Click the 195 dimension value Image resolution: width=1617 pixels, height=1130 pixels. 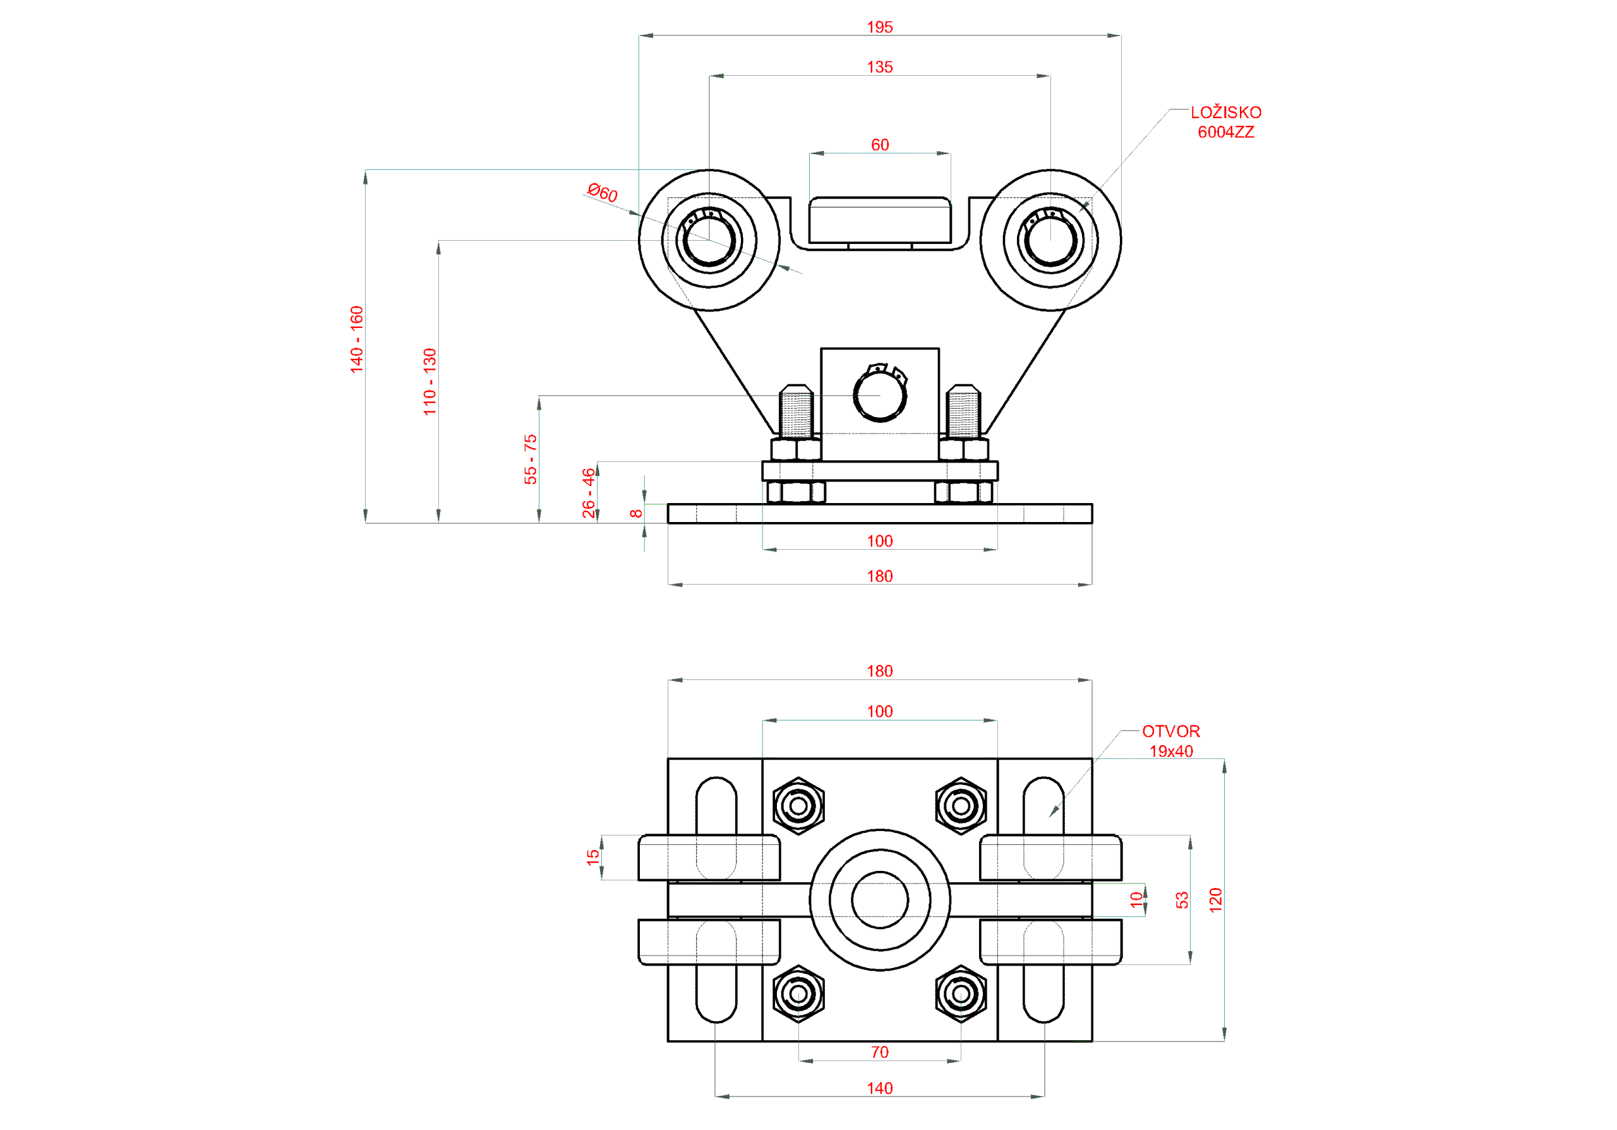pyautogui.click(x=880, y=27)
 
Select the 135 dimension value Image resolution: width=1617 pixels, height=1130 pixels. pyautogui.click(x=880, y=68)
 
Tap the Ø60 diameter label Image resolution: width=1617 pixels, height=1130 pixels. pyautogui.click(x=602, y=192)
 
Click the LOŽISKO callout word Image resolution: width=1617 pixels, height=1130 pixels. pyautogui.click(x=1225, y=112)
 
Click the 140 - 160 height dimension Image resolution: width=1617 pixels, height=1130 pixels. pyautogui.click(x=357, y=339)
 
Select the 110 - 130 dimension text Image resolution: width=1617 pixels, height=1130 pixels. pyautogui.click(x=430, y=382)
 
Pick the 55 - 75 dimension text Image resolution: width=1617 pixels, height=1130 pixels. pyautogui.click(x=531, y=459)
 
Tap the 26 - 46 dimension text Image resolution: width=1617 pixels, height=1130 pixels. pyautogui.click(x=588, y=493)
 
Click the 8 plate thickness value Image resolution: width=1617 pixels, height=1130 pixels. pyautogui.click(x=636, y=514)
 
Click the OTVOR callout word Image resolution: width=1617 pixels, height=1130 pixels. pyautogui.click(x=1170, y=731)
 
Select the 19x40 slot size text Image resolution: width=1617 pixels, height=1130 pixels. pyautogui.click(x=1170, y=751)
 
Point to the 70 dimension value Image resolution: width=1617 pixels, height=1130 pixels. pyautogui.click(x=880, y=1052)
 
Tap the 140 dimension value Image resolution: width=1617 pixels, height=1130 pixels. pyautogui.click(x=880, y=1088)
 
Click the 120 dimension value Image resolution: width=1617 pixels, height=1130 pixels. pyautogui.click(x=1215, y=899)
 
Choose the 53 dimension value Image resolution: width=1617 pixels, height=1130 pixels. pyautogui.click(x=1182, y=899)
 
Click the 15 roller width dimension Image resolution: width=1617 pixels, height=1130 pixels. pyautogui.click(x=593, y=856)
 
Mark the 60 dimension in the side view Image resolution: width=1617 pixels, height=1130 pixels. pyautogui.click(x=880, y=145)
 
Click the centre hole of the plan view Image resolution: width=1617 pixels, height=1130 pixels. pyautogui.click(x=880, y=899)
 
